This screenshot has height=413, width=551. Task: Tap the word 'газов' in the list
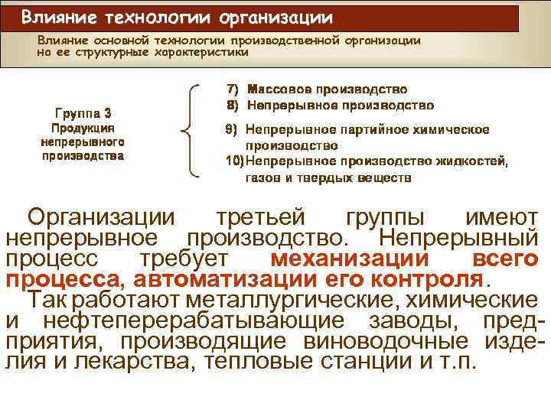click(263, 177)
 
